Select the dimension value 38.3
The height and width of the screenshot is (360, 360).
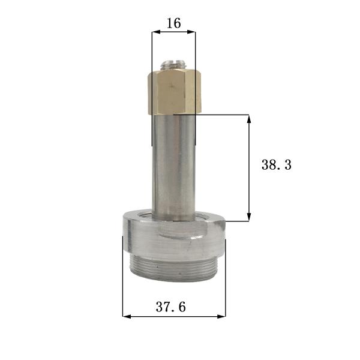[x=276, y=165]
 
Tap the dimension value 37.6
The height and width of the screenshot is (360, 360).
[x=171, y=307]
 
